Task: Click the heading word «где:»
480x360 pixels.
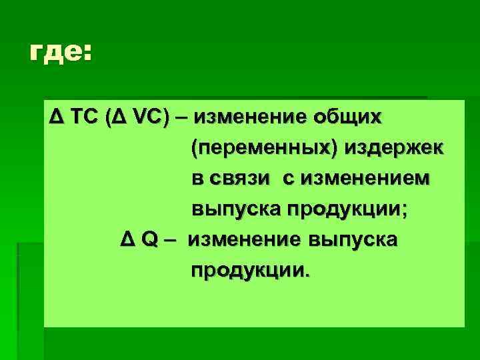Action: point(59,52)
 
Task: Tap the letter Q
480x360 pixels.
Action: point(147,241)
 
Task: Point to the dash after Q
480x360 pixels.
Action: point(171,241)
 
